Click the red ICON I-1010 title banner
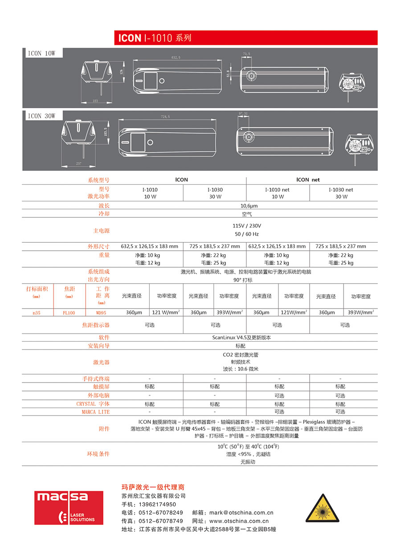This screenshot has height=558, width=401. pyautogui.click(x=245, y=37)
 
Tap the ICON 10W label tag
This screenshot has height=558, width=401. pyautogui.click(x=42, y=53)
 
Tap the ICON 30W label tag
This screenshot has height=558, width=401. pyautogui.click(x=42, y=116)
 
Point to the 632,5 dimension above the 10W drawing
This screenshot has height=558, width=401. pyautogui.click(x=176, y=58)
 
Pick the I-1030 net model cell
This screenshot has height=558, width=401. pyautogui.click(x=341, y=190)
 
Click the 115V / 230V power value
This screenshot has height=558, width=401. pyautogui.click(x=246, y=226)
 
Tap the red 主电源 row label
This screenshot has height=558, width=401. pyautogui.click(x=98, y=231)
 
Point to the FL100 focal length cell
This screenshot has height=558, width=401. pyautogui.click(x=69, y=313)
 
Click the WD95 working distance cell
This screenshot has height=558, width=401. pyautogui.click(x=101, y=313)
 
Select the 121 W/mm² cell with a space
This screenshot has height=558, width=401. pyautogui.click(x=166, y=313)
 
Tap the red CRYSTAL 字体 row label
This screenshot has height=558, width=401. pyautogui.click(x=93, y=404)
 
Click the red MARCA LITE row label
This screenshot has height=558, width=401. pyautogui.click(x=95, y=412)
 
